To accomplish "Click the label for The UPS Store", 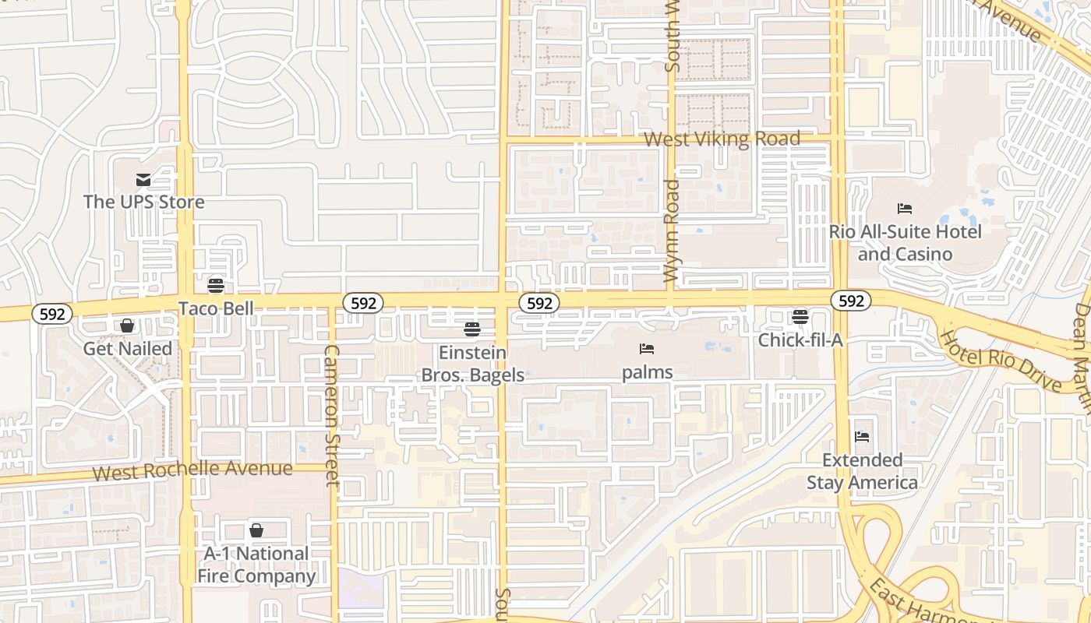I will tap(144, 202).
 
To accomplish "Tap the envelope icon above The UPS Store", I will tap(143, 180).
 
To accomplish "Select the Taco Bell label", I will tap(216, 308).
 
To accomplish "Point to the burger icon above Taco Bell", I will tap(216, 286).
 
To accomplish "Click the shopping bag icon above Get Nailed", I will tap(127, 326).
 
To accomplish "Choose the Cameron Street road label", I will tap(331, 416).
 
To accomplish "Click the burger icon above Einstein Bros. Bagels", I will tap(471, 329).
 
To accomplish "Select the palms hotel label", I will tap(647, 372).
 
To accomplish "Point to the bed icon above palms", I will tap(647, 348).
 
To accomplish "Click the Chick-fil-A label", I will tap(800, 340).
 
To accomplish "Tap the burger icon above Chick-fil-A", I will tap(800, 317).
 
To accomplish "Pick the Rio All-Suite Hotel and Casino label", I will tap(905, 242).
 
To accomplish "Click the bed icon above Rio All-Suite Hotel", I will tap(905, 208).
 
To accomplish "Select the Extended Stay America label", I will tap(862, 471).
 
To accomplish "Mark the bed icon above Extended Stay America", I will tap(862, 436).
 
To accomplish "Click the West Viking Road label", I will tap(722, 139).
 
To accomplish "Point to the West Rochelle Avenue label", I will tap(192, 470).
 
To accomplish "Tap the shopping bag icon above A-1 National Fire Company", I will tap(256, 530).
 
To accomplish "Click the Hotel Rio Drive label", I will tap(1001, 361).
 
